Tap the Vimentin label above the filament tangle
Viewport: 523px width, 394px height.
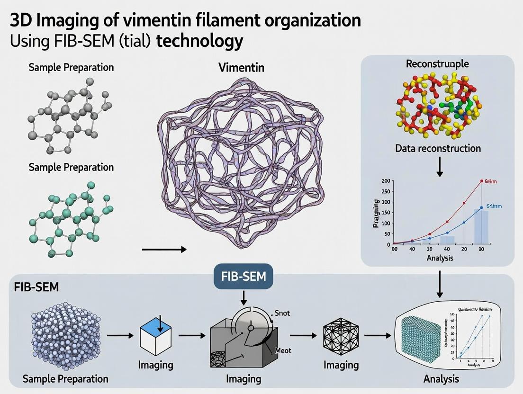click(241, 67)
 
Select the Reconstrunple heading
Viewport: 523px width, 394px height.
click(438, 63)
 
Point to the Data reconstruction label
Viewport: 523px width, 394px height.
click(438, 148)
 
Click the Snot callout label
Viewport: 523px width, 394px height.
click(282, 313)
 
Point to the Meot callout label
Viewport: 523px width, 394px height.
click(283, 351)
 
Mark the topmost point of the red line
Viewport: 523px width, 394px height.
click(482, 181)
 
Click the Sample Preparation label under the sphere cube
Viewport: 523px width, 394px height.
click(65, 379)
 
